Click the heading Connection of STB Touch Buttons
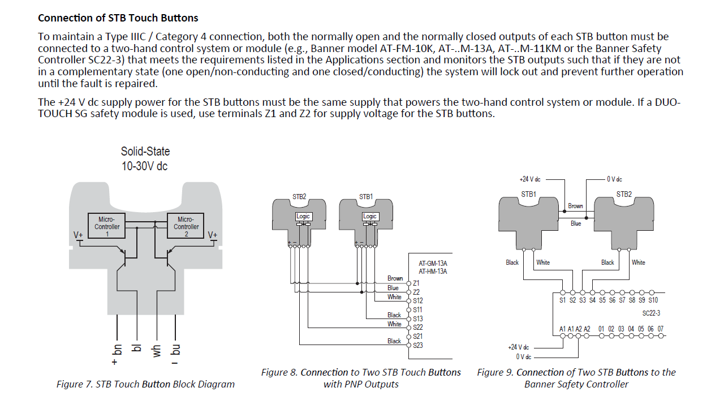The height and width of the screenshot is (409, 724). click(118, 18)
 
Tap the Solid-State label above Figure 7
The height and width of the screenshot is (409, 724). click(145, 152)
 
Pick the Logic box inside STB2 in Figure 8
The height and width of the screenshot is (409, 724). click(303, 216)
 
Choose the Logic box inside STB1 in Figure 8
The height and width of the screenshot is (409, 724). click(370, 216)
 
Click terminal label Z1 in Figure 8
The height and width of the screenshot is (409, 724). click(416, 283)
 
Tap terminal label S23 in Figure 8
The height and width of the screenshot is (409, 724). click(418, 346)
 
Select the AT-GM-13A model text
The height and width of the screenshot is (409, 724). click(433, 264)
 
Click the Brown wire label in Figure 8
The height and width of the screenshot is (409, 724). click(395, 278)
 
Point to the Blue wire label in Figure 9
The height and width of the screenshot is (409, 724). click(575, 223)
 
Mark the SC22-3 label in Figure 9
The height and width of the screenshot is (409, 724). click(651, 313)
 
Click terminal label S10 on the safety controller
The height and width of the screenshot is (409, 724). click(653, 300)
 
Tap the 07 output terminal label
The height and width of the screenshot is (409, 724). click(660, 329)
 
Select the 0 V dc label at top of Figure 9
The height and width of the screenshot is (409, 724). click(614, 179)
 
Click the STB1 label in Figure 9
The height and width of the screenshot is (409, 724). click(528, 194)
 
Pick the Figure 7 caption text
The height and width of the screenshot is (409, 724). click(145, 384)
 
